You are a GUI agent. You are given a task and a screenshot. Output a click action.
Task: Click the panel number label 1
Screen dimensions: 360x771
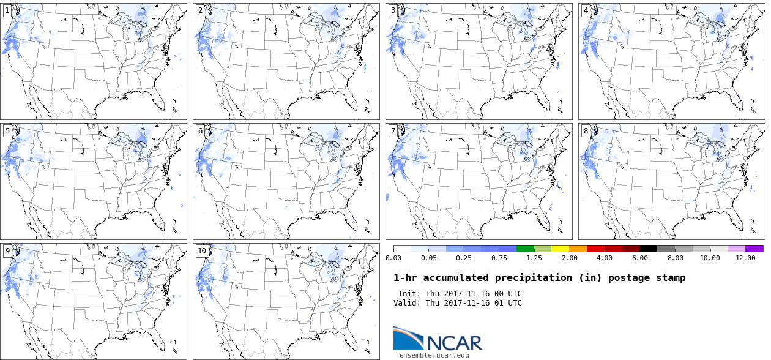7,10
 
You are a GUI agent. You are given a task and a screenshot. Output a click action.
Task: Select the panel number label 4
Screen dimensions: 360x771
586,10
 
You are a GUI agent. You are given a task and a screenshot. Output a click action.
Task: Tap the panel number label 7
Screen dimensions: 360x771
393,130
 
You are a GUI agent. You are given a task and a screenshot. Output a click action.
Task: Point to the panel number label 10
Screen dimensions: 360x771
202,250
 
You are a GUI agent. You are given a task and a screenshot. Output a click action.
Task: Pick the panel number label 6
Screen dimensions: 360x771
200,130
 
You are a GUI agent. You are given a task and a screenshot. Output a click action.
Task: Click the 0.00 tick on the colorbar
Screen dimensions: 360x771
393,258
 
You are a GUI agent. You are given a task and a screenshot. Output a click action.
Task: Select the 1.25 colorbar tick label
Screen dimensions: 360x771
534,258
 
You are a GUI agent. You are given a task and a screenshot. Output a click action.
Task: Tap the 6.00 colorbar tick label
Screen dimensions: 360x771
639,258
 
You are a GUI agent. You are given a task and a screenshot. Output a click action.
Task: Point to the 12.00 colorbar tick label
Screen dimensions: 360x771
745,258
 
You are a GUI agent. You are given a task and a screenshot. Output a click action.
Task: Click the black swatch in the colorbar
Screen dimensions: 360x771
649,249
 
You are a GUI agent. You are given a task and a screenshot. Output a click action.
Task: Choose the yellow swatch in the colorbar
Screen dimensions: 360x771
561,249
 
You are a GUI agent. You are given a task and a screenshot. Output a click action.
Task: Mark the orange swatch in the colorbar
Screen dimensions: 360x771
578,249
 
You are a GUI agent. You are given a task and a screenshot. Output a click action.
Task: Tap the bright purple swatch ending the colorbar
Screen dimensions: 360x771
754,249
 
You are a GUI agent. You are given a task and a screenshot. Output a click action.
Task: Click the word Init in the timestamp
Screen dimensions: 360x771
409,294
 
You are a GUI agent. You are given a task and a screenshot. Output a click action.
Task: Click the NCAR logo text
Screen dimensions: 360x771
453,342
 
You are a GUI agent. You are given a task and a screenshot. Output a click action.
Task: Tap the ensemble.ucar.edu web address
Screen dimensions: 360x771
434,355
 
